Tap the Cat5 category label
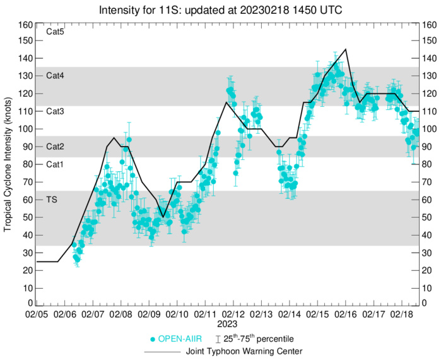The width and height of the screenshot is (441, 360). [x=56, y=31]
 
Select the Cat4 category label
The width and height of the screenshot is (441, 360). [x=56, y=75]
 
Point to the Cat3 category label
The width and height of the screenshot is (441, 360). [x=56, y=111]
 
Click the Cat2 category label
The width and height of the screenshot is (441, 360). [x=56, y=146]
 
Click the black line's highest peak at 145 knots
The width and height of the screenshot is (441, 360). [x=345, y=49]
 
